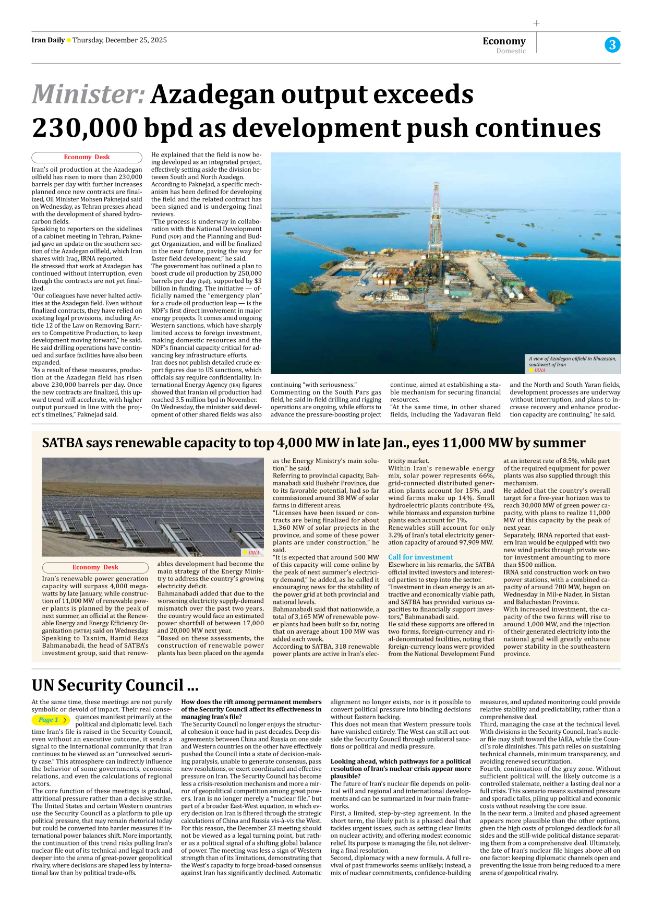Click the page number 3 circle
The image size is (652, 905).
(x=612, y=45)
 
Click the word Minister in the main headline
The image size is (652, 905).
(x=88, y=95)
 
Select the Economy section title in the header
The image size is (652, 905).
(x=504, y=41)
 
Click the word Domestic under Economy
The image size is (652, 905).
(x=511, y=51)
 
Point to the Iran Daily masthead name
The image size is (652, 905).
(x=48, y=40)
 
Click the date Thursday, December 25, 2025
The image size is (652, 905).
(x=119, y=40)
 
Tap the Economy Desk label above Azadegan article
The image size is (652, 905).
(x=87, y=157)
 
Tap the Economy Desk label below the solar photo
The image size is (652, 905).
(x=95, y=567)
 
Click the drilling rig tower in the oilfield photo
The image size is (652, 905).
(x=434, y=219)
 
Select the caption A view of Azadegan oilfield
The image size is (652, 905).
(x=572, y=361)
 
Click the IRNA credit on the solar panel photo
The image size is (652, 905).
(x=253, y=553)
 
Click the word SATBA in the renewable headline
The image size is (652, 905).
(x=63, y=443)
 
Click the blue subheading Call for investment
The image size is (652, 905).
(x=420, y=557)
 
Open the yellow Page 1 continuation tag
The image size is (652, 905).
(x=51, y=720)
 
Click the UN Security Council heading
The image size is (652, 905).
(x=115, y=685)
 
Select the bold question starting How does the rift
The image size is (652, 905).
(x=251, y=709)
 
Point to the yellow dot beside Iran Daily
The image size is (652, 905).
(x=69, y=41)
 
